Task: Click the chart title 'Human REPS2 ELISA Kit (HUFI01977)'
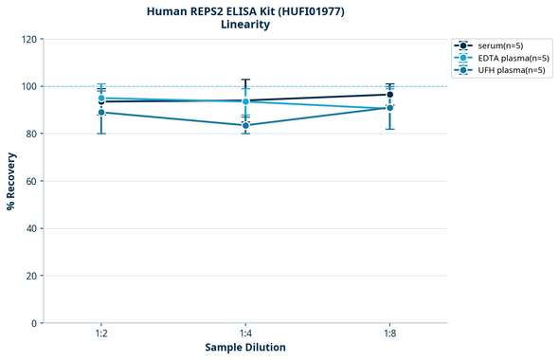tap(244, 11)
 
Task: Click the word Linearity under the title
tap(244, 26)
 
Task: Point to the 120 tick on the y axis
tap(28, 39)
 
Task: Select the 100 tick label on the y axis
tap(28, 86)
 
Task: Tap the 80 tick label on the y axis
tap(30, 134)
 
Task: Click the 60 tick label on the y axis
tap(30, 181)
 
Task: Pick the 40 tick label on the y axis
tap(30, 228)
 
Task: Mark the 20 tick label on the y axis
tap(30, 276)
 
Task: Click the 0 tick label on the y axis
tap(34, 323)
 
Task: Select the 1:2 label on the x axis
tap(100, 334)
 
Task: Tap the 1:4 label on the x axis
tap(245, 334)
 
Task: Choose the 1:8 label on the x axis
tap(389, 334)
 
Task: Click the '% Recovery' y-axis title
tap(11, 180)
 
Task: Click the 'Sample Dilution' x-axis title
tap(245, 348)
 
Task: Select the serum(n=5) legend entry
tap(498, 45)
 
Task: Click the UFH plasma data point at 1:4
tap(245, 125)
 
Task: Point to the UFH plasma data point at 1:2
tap(100, 112)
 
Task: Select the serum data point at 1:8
tap(389, 95)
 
